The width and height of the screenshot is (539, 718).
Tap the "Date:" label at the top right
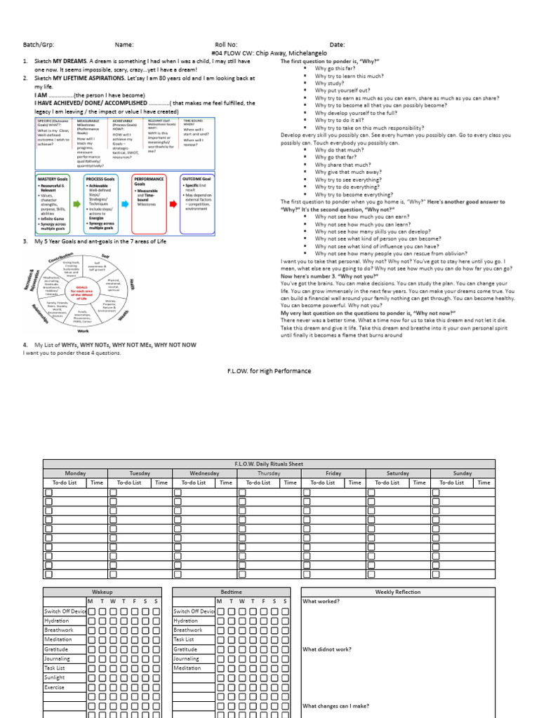(x=337, y=45)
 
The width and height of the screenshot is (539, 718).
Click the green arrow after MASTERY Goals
(x=78, y=205)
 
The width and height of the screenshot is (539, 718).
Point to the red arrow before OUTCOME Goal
(x=173, y=205)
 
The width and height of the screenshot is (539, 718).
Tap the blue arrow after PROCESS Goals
(x=125, y=205)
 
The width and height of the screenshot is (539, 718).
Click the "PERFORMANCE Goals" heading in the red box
(x=148, y=182)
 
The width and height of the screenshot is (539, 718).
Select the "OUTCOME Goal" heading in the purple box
(x=196, y=179)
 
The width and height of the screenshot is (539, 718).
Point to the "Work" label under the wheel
(x=83, y=330)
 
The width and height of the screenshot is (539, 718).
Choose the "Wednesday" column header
(x=204, y=473)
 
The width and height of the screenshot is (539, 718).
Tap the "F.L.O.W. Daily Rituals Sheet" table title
(x=269, y=464)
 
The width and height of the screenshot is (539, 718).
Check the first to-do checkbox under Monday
(x=49, y=493)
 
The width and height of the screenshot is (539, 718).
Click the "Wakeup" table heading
(x=102, y=592)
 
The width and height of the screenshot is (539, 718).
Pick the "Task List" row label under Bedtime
(x=184, y=639)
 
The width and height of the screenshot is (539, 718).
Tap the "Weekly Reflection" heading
(x=398, y=592)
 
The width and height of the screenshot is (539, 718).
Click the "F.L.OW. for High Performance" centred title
(x=269, y=371)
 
